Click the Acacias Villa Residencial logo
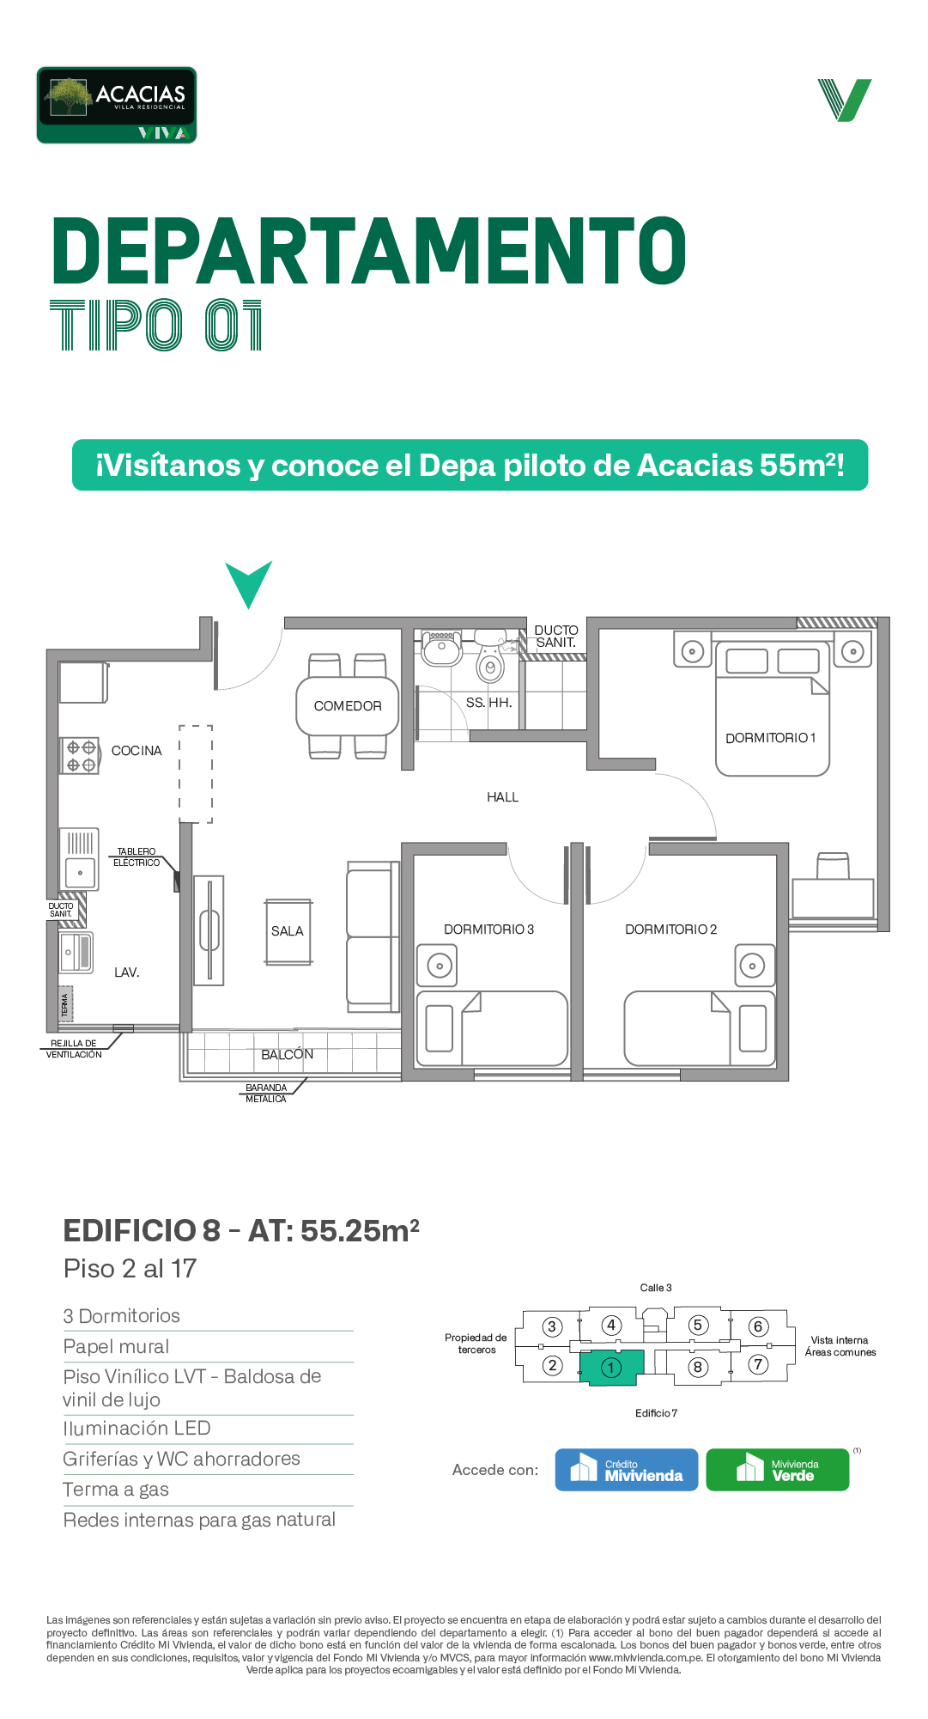coord(117,105)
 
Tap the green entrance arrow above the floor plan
coord(249,582)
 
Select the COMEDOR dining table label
coord(348,706)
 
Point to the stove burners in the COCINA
coord(80,756)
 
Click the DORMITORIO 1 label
coord(770,738)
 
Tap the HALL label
coord(503,797)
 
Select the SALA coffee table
coord(288,932)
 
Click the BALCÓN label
coord(288,1054)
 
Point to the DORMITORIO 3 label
coord(488,930)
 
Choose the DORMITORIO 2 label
coord(670,930)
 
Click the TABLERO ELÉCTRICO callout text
coord(136,857)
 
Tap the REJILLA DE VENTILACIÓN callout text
coord(74,1049)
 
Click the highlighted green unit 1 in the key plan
coord(611,1367)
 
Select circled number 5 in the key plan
coord(698,1326)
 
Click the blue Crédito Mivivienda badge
coord(627,1470)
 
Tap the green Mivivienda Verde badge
coord(778,1470)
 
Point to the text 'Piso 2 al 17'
coord(130,1269)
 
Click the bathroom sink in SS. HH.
coord(441,649)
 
